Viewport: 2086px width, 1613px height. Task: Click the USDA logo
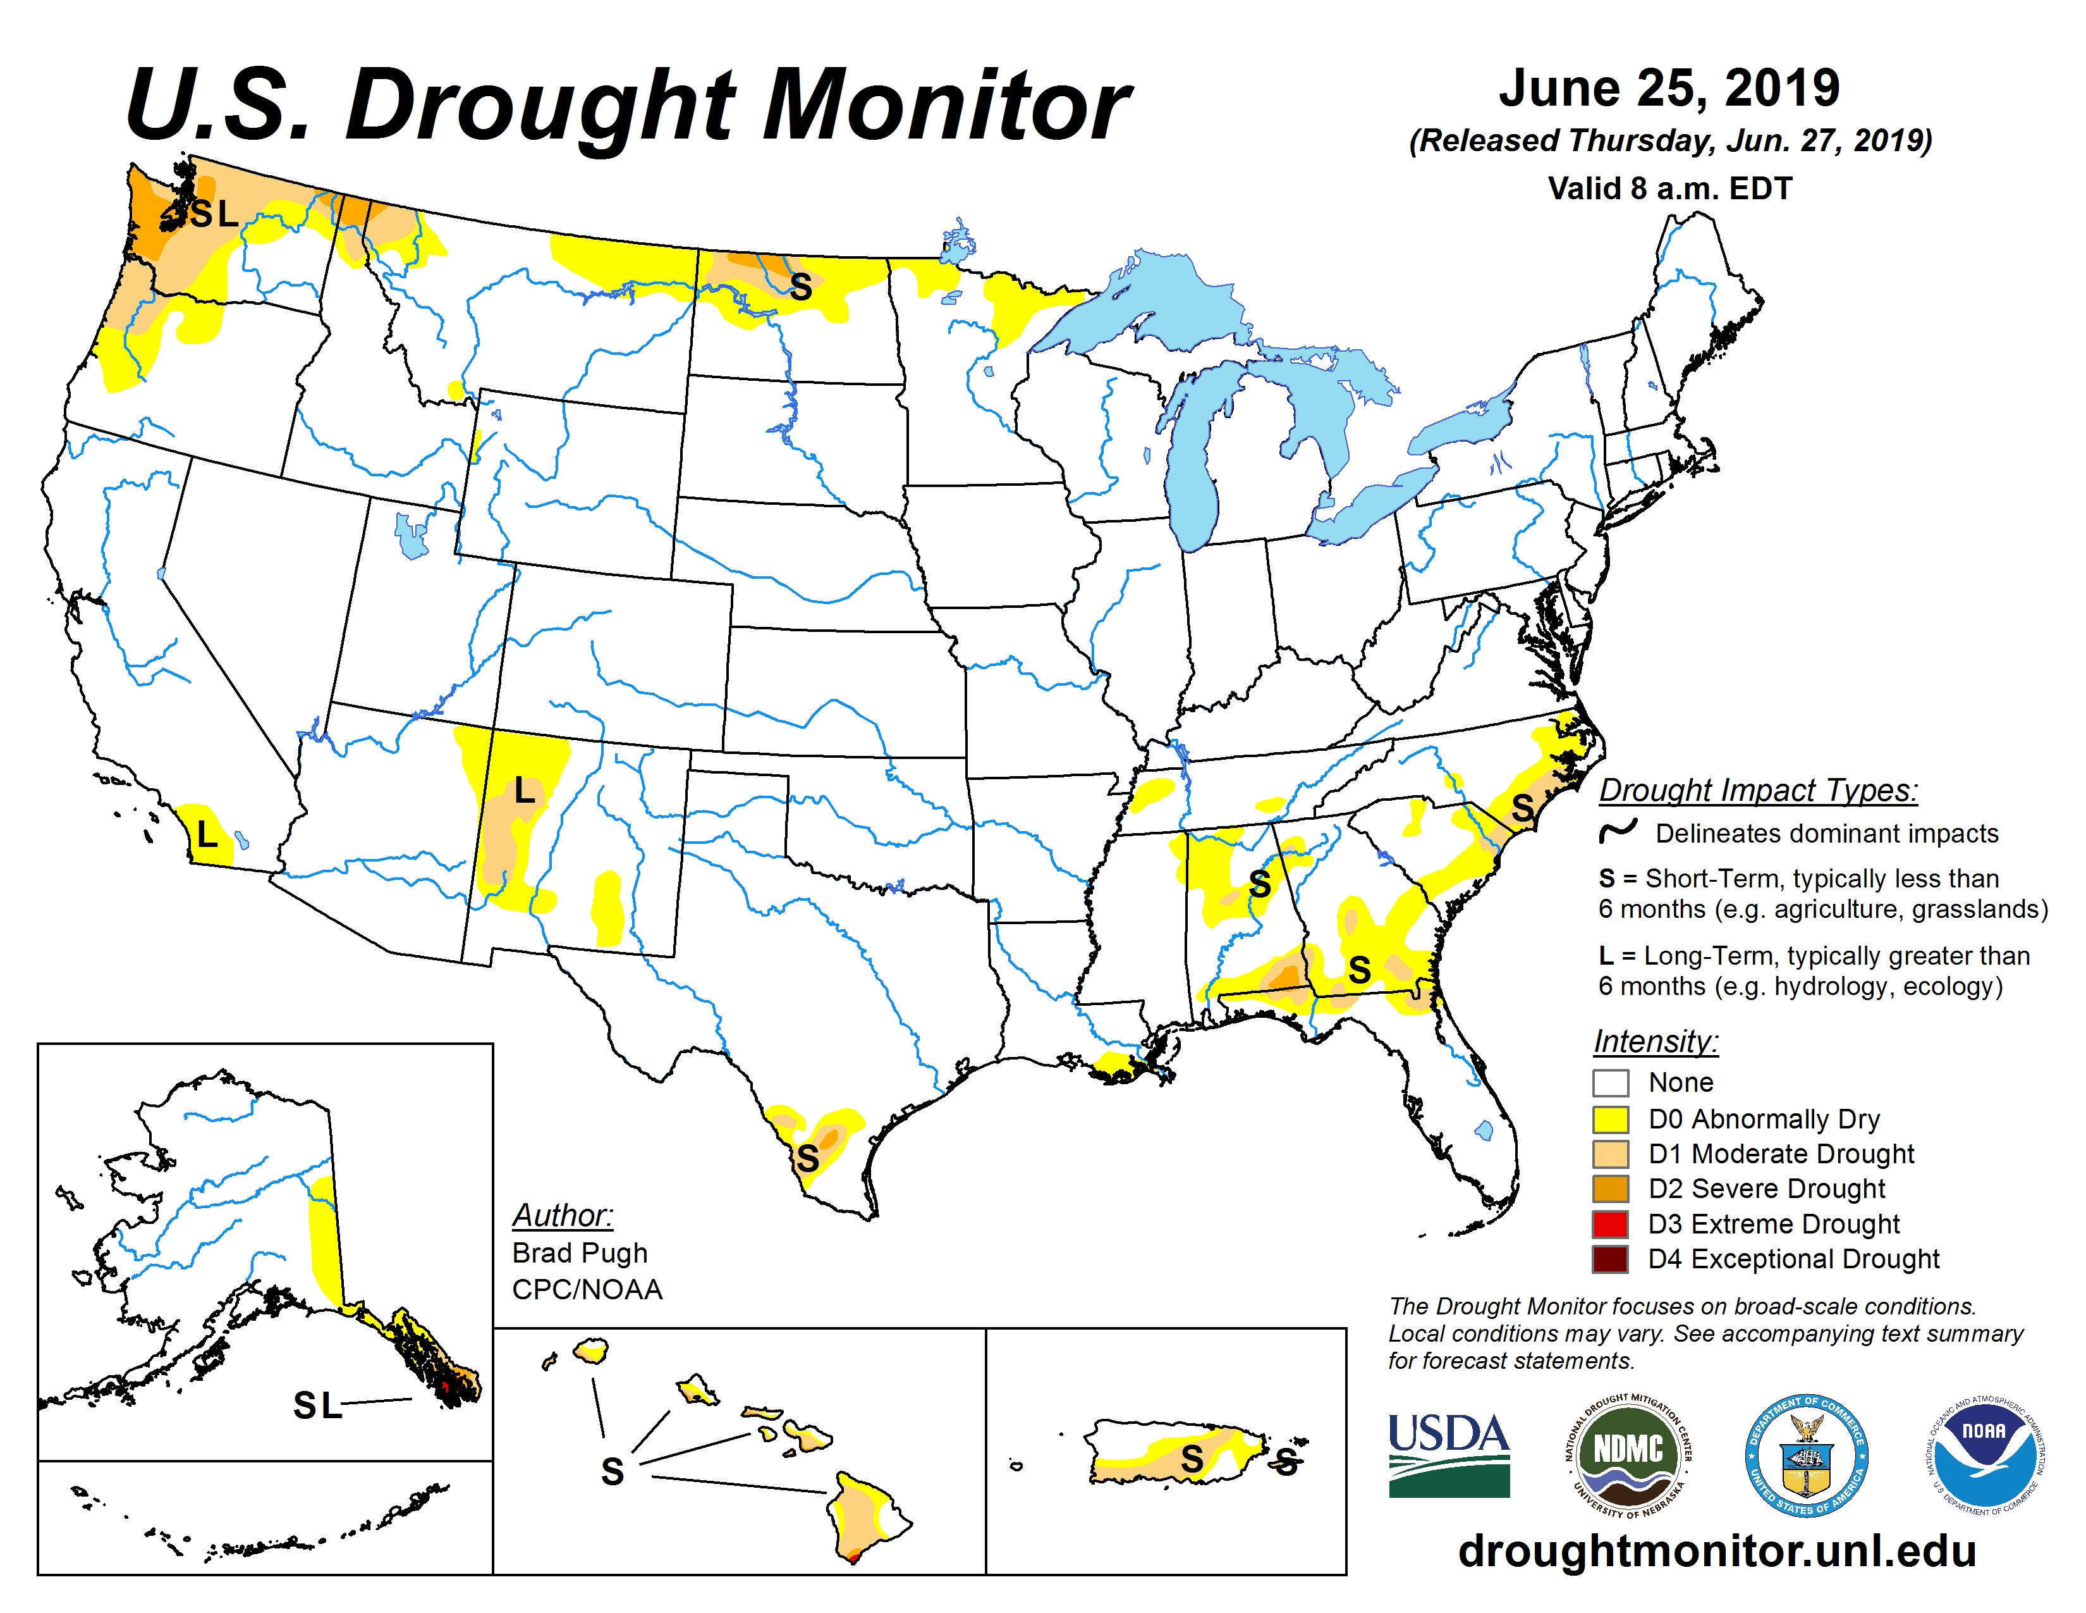tap(1449, 1454)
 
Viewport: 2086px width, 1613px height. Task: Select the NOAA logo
tap(1983, 1454)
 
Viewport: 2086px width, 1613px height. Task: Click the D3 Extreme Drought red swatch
tap(1611, 1224)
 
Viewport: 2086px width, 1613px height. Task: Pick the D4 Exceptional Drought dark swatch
tap(1611, 1259)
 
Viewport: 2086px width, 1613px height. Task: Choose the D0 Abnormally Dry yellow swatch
tap(1611, 1119)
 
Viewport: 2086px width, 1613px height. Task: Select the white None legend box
tap(1611, 1083)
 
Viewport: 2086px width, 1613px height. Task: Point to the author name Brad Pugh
tap(580, 1252)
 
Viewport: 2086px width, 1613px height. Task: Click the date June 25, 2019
tap(1669, 88)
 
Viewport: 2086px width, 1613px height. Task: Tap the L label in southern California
tap(206, 835)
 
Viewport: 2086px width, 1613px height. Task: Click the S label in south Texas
tap(808, 1158)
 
